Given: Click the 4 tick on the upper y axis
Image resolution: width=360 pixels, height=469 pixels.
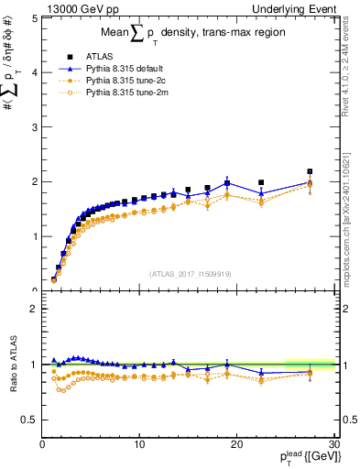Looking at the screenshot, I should click(x=34, y=71).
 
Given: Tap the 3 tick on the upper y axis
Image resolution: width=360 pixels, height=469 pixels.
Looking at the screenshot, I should click(x=34, y=126).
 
